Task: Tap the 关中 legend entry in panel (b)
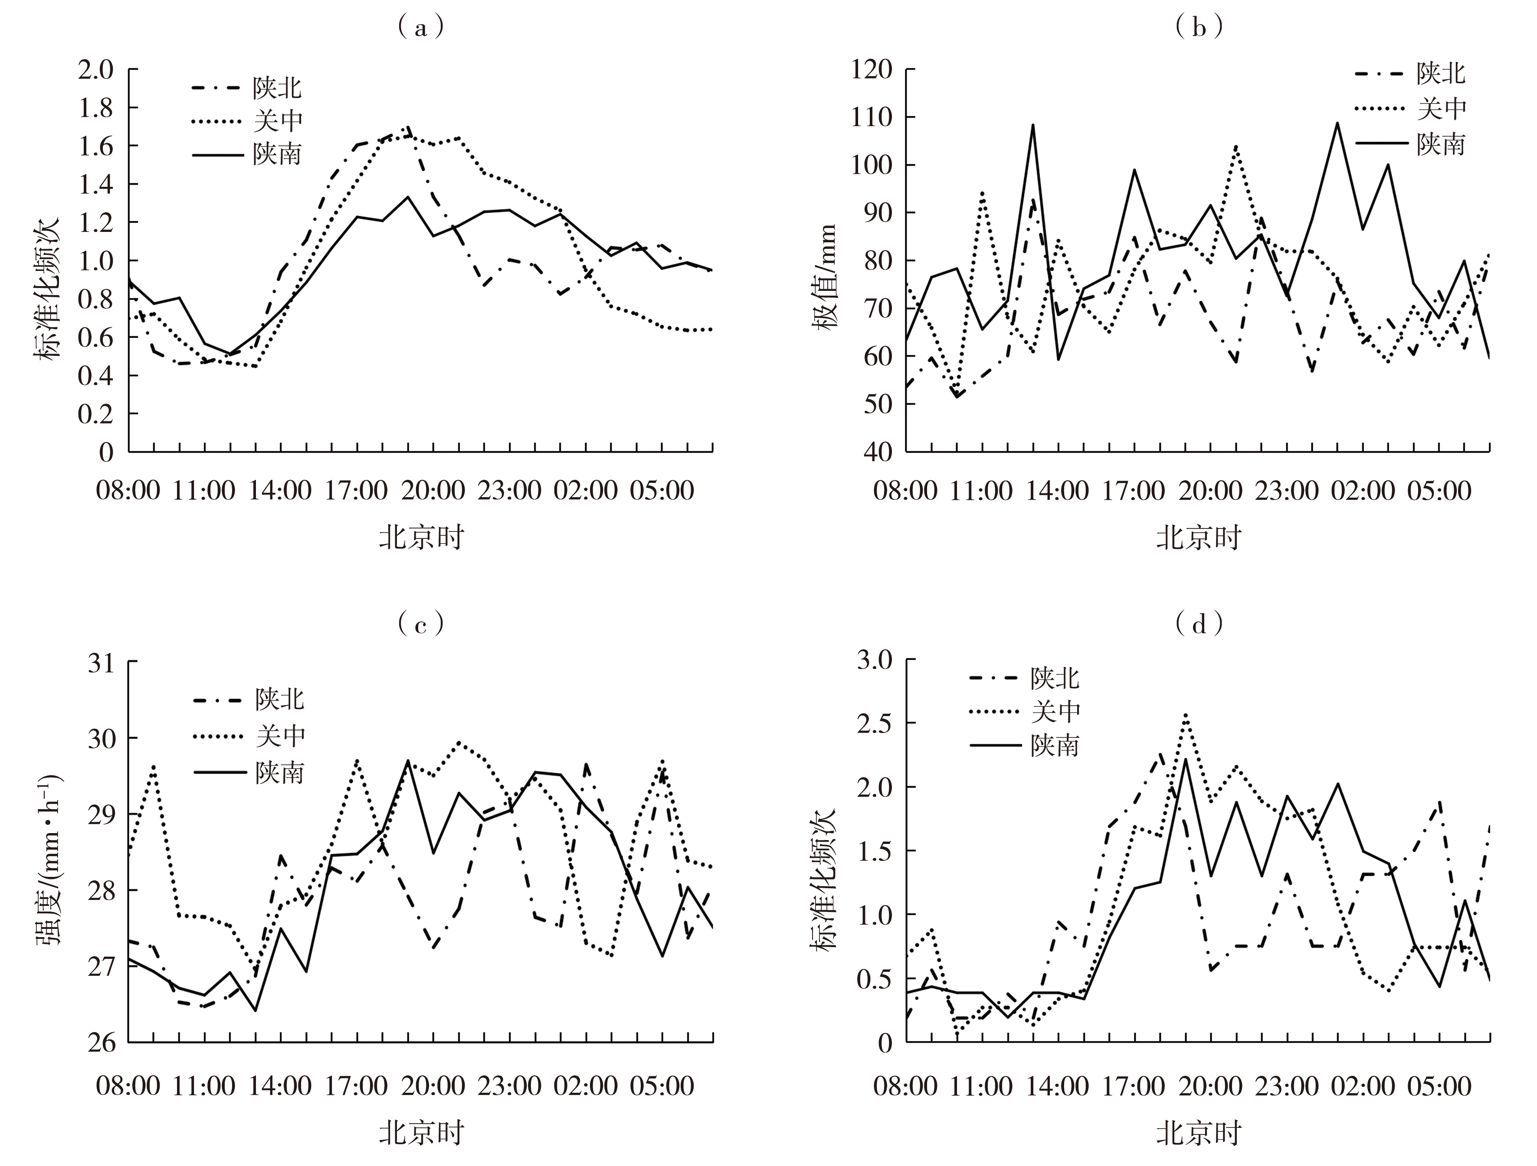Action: [x=1442, y=107]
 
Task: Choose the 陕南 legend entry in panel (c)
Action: [x=279, y=773]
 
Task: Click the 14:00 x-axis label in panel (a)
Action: [x=280, y=490]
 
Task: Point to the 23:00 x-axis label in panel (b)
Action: [x=1286, y=490]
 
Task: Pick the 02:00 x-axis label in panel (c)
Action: [x=585, y=1085]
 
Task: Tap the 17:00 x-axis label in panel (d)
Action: [x=1134, y=1085]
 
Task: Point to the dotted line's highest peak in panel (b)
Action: [x=1236, y=147]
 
